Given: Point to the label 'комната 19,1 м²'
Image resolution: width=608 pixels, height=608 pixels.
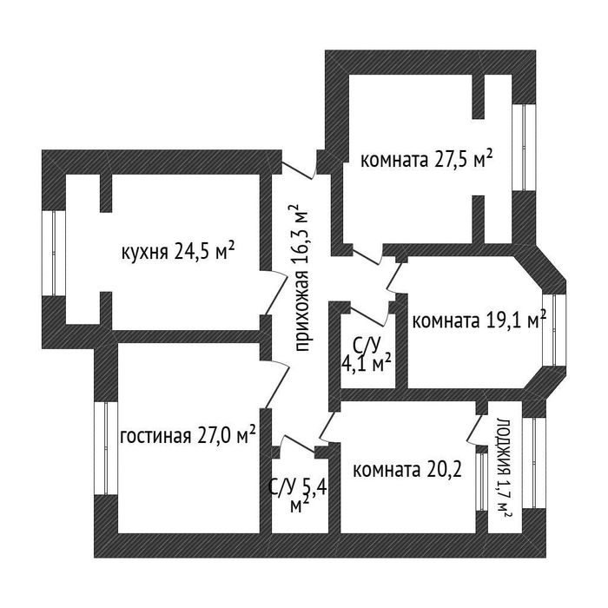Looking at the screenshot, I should (x=479, y=320).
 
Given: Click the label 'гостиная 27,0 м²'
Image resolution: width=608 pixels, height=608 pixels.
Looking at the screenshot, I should (x=188, y=434).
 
